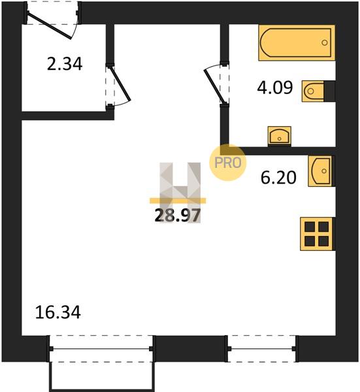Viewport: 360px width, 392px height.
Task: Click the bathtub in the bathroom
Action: click(297, 42)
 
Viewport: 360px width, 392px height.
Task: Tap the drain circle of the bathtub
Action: click(325, 42)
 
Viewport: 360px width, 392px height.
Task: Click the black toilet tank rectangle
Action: click(329, 91)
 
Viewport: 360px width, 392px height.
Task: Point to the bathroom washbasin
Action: click(280, 137)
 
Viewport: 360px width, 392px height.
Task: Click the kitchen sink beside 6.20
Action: click(321, 171)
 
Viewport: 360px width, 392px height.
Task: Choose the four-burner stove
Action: click(317, 234)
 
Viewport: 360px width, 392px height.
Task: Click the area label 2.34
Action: click(65, 64)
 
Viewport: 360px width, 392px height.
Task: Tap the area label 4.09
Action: click(275, 88)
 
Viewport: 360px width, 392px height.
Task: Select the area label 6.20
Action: click(278, 178)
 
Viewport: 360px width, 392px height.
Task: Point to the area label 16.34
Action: click(58, 312)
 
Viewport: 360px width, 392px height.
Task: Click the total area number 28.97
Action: click(178, 216)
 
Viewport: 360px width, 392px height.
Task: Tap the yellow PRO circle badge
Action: click(228, 163)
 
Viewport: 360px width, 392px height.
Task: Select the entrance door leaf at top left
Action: click(49, 25)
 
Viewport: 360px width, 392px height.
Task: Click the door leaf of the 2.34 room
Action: click(120, 84)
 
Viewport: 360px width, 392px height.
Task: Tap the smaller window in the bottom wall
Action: click(261, 348)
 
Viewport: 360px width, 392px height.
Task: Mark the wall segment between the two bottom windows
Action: click(189, 348)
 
